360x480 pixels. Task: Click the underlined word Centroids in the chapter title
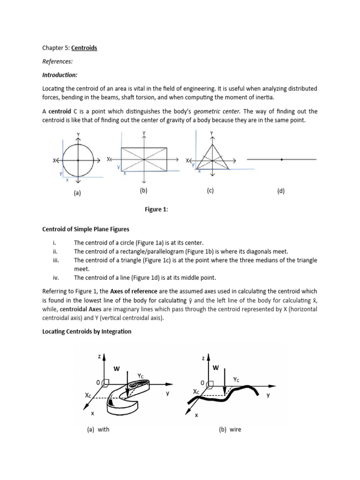pos(84,48)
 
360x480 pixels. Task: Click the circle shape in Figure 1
pos(78,160)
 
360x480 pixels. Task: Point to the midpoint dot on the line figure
pos(281,160)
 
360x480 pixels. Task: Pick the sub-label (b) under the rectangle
pos(143,190)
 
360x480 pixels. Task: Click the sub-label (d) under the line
pos(281,191)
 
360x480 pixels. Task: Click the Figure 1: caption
pos(156,210)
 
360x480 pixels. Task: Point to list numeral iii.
pos(56,260)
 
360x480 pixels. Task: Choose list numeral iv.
pos(56,277)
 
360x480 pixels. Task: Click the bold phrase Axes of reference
pos(134,292)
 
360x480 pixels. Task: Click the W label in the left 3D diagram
pos(116,369)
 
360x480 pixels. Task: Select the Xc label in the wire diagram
pos(196,391)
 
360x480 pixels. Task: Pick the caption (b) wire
pos(230,429)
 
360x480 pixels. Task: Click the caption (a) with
pos(98,429)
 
